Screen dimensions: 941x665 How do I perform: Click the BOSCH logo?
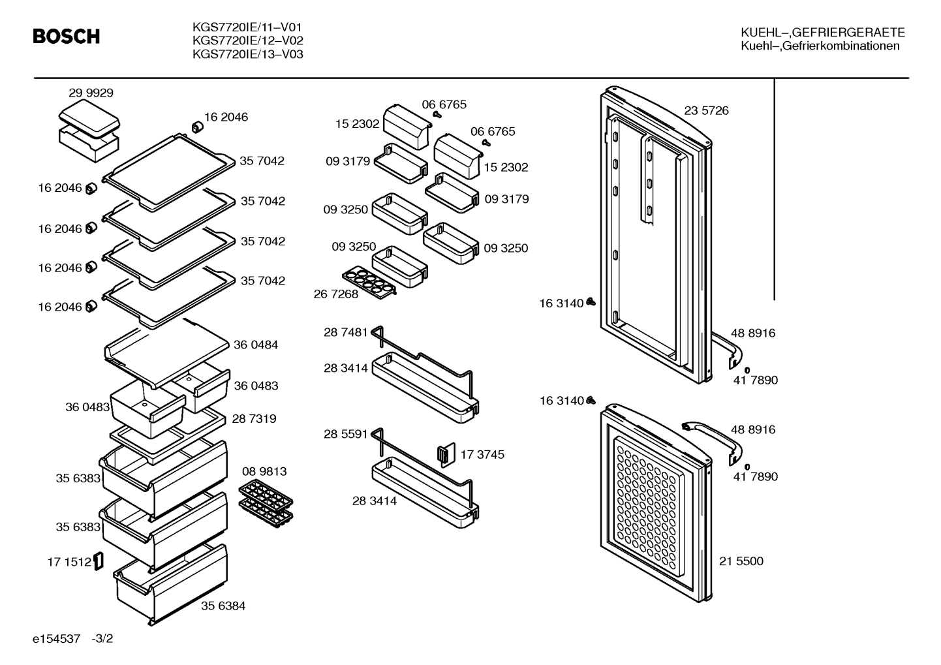[67, 36]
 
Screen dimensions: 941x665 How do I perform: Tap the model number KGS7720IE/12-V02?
[247, 40]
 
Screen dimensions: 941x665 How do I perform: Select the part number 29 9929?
[91, 93]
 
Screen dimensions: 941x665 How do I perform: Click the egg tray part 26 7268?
[369, 282]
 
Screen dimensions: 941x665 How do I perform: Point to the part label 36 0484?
[256, 345]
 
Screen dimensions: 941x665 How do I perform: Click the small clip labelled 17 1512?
[99, 561]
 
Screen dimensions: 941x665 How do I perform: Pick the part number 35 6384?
[223, 606]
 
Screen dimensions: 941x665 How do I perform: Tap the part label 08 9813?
[264, 471]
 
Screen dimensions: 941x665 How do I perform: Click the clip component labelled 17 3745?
[446, 454]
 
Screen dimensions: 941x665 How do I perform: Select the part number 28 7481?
[345, 332]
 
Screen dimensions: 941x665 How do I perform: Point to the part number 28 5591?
[345, 434]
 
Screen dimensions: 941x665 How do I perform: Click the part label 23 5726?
[706, 110]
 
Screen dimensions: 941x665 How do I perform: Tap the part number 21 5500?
[741, 561]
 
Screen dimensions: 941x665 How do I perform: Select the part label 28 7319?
[254, 419]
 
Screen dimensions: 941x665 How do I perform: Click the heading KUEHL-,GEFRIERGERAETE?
[822, 33]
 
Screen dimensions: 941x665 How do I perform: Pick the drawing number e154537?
[56, 639]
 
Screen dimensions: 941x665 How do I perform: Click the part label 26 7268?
[335, 294]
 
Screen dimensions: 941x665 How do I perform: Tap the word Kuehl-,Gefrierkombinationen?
[820, 46]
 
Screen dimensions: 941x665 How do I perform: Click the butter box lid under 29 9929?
[89, 119]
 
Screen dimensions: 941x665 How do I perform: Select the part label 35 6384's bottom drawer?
[171, 584]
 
